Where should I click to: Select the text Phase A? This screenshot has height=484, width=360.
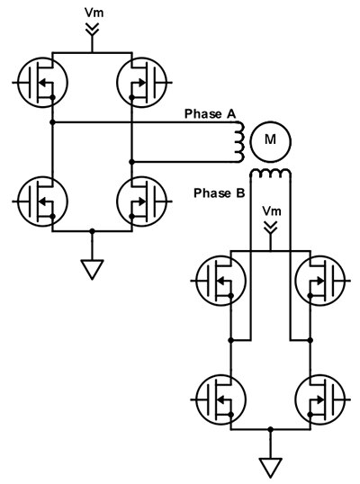click(210, 113)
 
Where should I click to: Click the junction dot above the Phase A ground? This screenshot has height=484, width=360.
click(93, 232)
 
